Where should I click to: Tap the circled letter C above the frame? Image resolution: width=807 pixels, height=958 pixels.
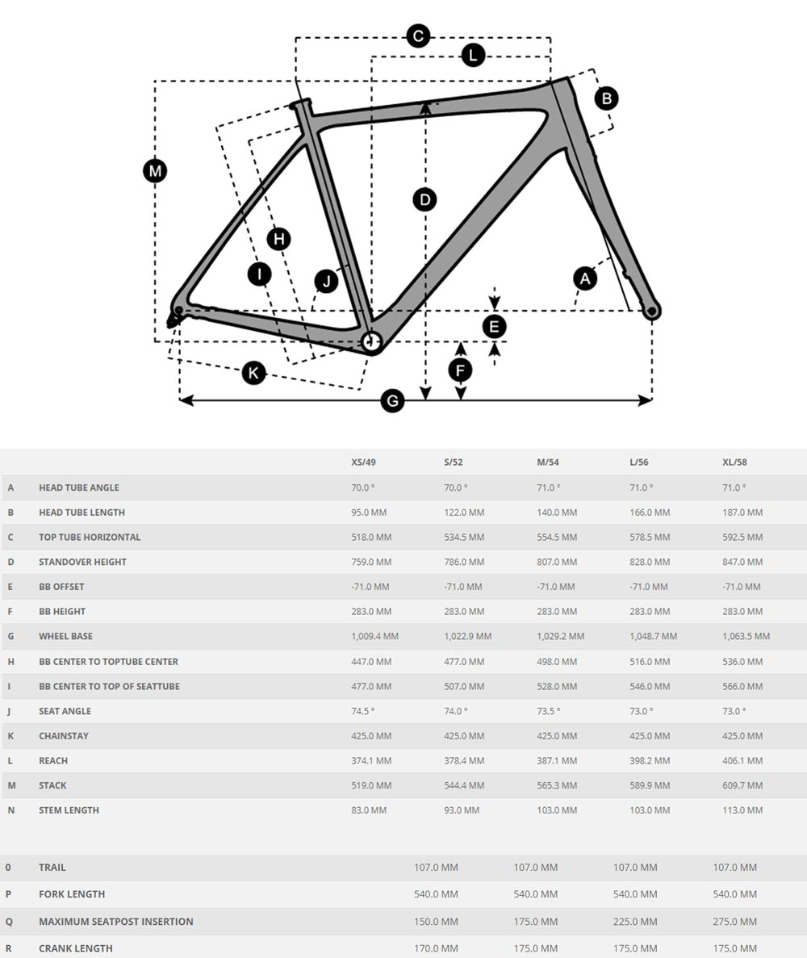pyautogui.click(x=418, y=36)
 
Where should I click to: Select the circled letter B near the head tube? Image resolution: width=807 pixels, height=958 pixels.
pyautogui.click(x=606, y=98)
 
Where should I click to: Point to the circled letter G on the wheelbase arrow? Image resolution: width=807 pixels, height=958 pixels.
pyautogui.click(x=392, y=400)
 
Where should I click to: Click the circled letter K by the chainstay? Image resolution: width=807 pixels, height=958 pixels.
pyautogui.click(x=254, y=373)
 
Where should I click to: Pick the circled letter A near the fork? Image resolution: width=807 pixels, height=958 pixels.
pyautogui.click(x=585, y=279)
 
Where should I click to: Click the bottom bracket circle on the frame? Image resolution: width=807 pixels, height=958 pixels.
pyautogui.click(x=371, y=341)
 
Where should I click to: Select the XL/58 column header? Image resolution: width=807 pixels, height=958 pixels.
pyautogui.click(x=734, y=462)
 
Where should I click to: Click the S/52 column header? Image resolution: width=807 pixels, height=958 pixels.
pyautogui.click(x=454, y=462)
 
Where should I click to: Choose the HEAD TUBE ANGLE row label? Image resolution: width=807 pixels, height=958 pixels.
pyautogui.click(x=78, y=487)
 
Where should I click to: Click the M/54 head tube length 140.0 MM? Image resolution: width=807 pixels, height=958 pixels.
pyautogui.click(x=557, y=512)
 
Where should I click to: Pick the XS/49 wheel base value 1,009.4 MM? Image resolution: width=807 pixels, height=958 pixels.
pyautogui.click(x=374, y=636)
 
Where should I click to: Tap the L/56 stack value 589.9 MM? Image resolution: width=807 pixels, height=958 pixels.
pyautogui.click(x=650, y=785)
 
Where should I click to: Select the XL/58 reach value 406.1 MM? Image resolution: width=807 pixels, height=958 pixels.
pyautogui.click(x=742, y=760)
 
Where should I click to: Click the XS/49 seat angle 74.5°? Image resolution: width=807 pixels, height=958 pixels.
pyautogui.click(x=362, y=711)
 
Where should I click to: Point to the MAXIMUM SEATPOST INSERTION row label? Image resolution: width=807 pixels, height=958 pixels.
pyautogui.click(x=115, y=921)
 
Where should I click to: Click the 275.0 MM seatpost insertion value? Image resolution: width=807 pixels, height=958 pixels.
pyautogui.click(x=734, y=921)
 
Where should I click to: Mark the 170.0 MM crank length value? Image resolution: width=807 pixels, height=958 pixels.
pyautogui.click(x=436, y=948)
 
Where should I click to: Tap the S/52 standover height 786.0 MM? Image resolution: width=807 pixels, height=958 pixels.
pyautogui.click(x=464, y=562)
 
